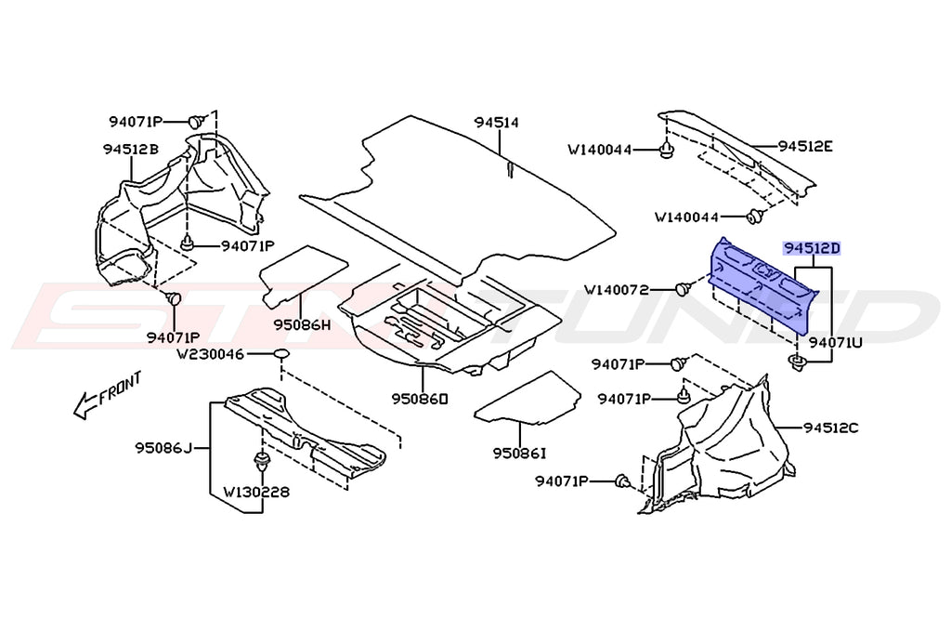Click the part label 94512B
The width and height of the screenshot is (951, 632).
[130, 149]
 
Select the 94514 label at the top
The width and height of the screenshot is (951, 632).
[496, 122]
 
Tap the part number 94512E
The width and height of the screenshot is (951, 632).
[805, 146]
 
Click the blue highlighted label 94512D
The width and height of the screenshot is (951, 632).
[812, 249]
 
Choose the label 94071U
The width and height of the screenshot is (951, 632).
[835, 342]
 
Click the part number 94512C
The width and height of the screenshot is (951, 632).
[831, 428]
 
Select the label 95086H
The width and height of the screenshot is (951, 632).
[302, 325]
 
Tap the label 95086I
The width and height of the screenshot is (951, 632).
[520, 454]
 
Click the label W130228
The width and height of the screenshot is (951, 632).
[254, 493]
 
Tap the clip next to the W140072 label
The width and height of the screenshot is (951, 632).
[683, 289]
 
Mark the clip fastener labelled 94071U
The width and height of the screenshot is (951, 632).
[797, 361]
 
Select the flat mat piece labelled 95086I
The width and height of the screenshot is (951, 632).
[528, 398]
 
